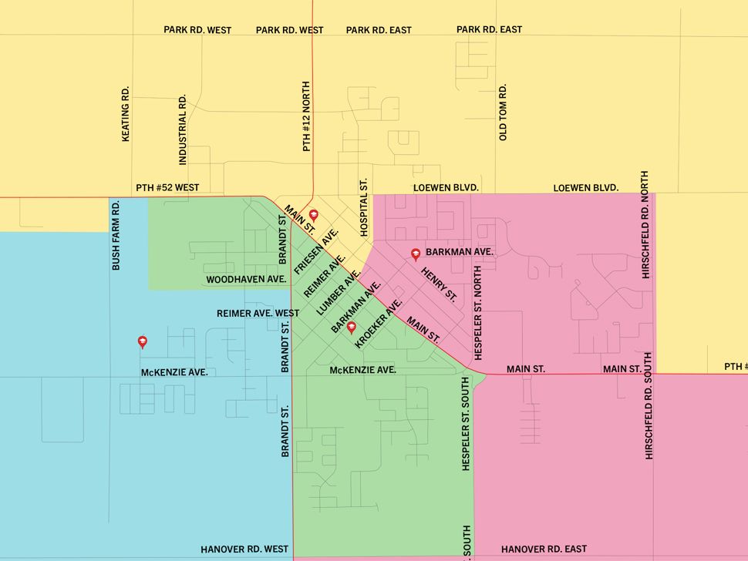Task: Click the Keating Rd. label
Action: [126, 113]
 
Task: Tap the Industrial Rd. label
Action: [183, 130]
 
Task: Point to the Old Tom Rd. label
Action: [503, 113]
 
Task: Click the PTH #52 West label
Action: [167, 187]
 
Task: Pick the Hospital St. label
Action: [365, 208]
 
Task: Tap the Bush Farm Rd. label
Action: [116, 235]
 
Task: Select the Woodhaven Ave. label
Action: [247, 279]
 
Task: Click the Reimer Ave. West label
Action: [258, 314]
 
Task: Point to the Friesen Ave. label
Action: [316, 247]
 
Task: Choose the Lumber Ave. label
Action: [339, 295]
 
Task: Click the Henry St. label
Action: [439, 284]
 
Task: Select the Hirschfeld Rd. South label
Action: [649, 406]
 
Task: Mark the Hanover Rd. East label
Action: [544, 549]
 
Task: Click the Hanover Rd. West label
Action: [244, 549]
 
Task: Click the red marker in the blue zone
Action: [142, 341]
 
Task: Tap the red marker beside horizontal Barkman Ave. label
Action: [416, 253]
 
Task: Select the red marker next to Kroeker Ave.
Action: [352, 328]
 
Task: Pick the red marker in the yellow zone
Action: [314, 215]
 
